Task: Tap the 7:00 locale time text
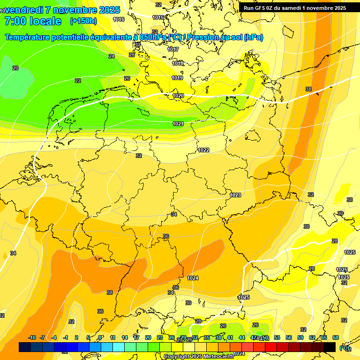click(x=33, y=21)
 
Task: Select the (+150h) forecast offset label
click(x=83, y=21)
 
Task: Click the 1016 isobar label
click(x=119, y=19)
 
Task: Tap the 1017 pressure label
click(x=173, y=49)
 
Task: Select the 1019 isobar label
click(x=177, y=78)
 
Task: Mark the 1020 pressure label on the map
click(x=178, y=96)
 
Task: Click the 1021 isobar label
click(x=178, y=124)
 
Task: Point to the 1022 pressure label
click(x=203, y=150)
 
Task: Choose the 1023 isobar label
click(x=235, y=195)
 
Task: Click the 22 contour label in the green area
click(x=78, y=81)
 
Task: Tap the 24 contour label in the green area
click(x=112, y=56)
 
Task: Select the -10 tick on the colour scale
click(x=32, y=337)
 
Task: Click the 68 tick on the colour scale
click(x=336, y=337)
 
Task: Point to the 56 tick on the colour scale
click(x=277, y=337)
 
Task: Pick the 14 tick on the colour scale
click(x=125, y=337)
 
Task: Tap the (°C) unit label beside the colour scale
click(x=345, y=348)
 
